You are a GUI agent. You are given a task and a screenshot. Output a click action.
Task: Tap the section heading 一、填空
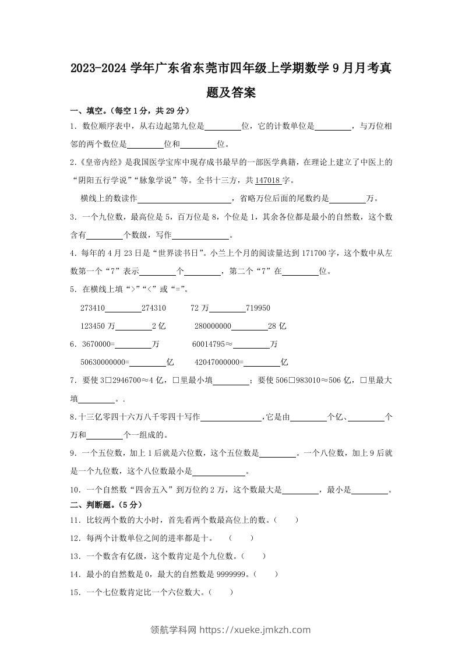pos(86,111)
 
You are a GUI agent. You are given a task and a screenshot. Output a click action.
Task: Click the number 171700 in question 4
pos(320,253)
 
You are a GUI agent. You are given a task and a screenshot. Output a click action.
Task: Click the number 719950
pos(258,308)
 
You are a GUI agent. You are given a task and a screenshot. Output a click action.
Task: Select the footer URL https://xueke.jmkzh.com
pos(255,630)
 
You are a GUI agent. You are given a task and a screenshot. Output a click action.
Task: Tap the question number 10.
pos(74,490)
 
